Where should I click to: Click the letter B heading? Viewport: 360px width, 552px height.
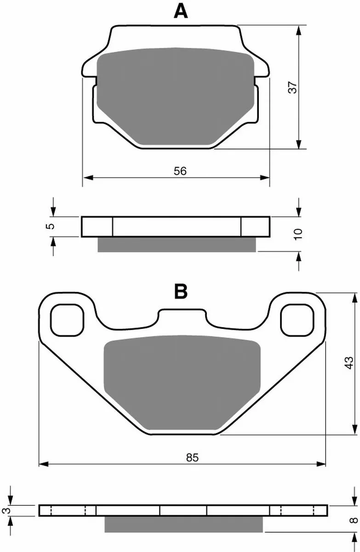pos(181,291)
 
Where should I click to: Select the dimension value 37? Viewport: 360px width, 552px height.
pos(293,87)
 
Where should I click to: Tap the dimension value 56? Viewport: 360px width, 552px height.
pos(180,171)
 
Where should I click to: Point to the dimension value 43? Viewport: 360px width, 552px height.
pos(349,363)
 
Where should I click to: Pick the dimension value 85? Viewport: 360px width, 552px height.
pos(192,457)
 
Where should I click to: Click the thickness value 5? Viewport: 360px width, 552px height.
pos(50,226)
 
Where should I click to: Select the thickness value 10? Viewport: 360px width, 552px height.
pos(298,234)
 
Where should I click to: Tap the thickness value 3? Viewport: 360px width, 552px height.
pos(7,510)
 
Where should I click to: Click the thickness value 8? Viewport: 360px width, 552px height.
pos(354,520)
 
